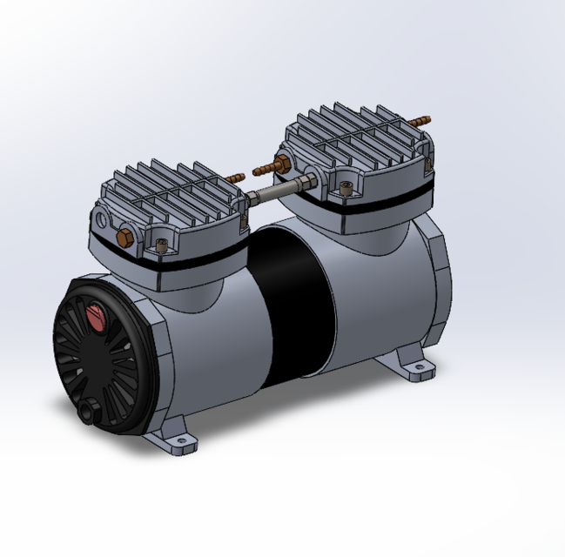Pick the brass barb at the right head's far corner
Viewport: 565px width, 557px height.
[x=421, y=118]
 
